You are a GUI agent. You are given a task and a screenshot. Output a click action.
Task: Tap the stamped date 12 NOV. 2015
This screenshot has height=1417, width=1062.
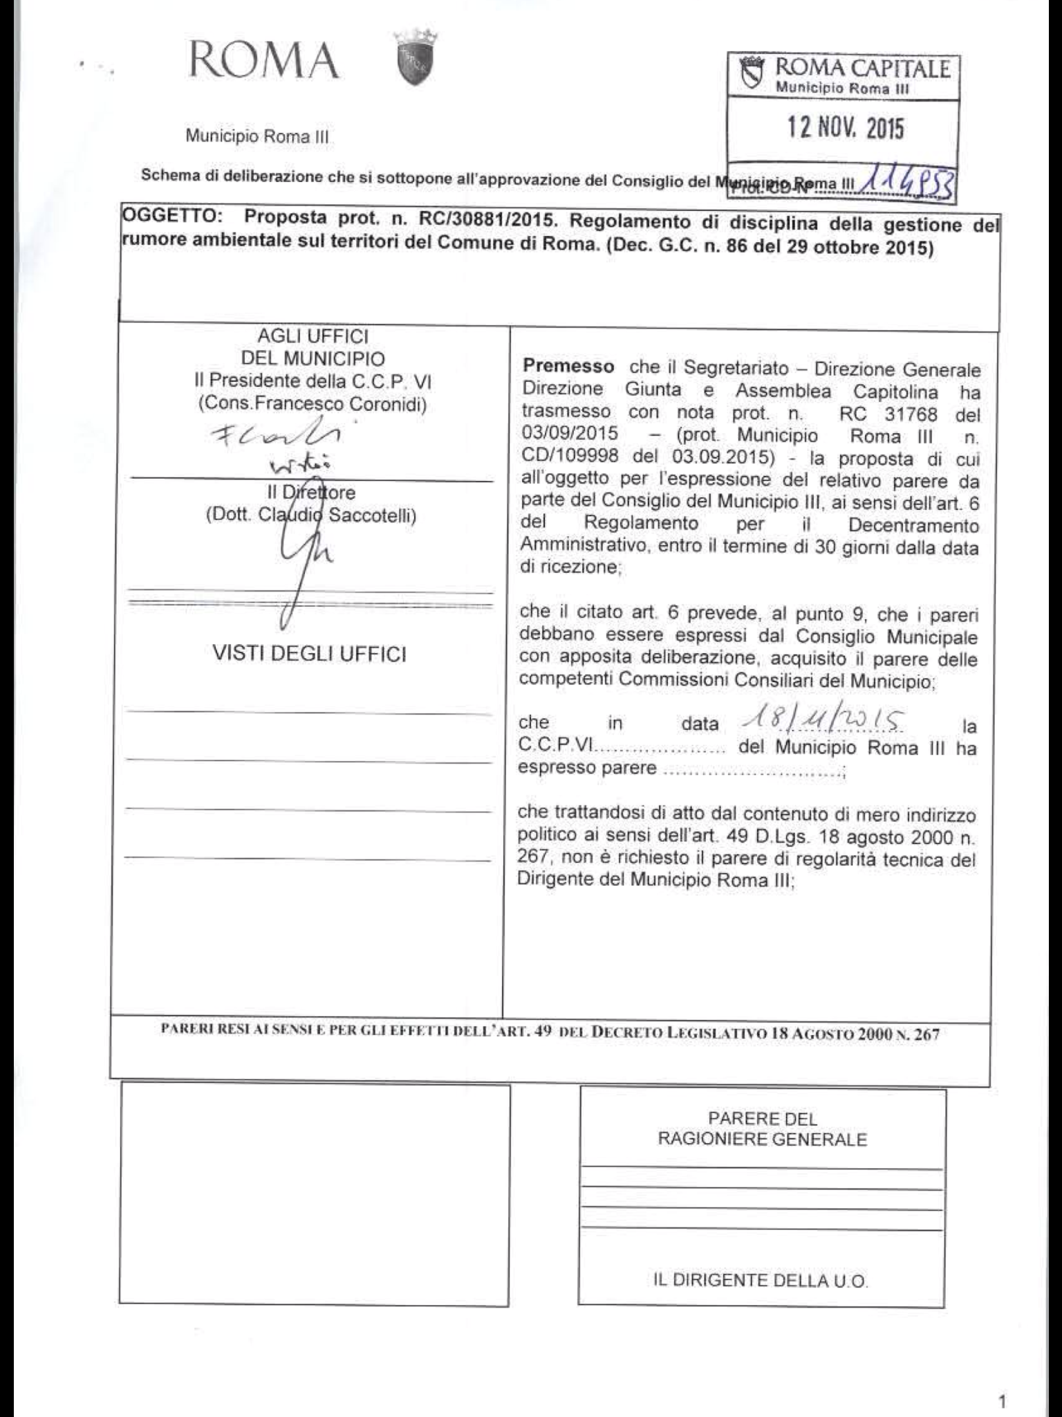(x=846, y=128)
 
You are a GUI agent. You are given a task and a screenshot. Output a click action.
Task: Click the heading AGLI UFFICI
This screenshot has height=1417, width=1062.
(x=313, y=336)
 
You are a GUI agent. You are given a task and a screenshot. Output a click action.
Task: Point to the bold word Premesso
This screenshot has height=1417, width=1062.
(x=568, y=366)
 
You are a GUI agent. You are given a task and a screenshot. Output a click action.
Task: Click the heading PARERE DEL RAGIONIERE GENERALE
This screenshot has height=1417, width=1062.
(x=762, y=1128)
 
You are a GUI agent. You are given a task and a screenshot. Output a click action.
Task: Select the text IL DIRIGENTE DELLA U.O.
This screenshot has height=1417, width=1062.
(x=761, y=1281)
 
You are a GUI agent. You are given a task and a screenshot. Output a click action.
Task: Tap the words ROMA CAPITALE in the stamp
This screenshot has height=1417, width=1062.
(x=863, y=69)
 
